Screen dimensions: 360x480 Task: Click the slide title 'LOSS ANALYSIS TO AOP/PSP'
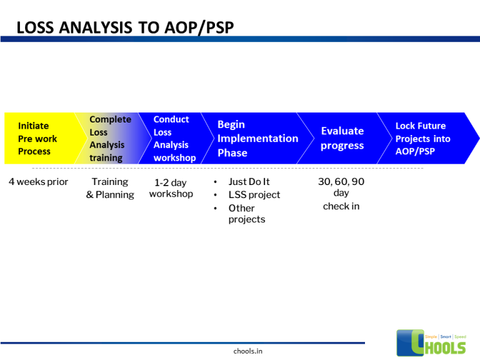[x=125, y=27]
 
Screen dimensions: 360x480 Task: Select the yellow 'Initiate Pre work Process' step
[x=37, y=138]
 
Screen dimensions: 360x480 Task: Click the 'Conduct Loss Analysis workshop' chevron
[x=174, y=138]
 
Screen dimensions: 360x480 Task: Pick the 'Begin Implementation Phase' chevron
[x=256, y=138]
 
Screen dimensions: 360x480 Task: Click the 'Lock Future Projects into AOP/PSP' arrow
[x=425, y=138]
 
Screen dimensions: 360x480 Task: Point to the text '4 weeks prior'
[x=38, y=182]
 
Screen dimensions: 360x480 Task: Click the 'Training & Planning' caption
[x=110, y=188]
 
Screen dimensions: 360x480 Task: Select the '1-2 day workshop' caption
[x=171, y=188]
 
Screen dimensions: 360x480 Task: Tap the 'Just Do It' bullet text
[x=249, y=182]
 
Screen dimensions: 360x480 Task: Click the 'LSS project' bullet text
[x=254, y=194]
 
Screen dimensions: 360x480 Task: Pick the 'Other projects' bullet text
[x=246, y=214]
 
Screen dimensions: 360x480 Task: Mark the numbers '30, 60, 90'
[x=341, y=182]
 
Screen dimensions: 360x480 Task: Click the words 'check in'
[x=341, y=206]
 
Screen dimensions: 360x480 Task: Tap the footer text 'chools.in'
[x=247, y=351]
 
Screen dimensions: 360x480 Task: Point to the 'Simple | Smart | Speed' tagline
[x=446, y=337]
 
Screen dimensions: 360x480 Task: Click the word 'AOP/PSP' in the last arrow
[x=415, y=151]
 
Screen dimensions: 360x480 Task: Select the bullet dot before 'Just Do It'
[x=216, y=182]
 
